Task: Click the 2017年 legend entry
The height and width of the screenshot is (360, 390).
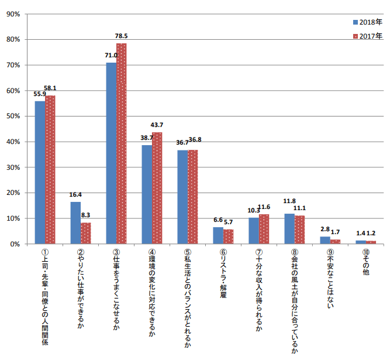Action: (x=368, y=36)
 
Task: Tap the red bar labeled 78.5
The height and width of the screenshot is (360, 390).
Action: (x=122, y=143)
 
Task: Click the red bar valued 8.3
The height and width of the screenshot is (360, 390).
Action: (x=86, y=233)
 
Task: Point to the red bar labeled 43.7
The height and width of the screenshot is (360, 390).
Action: (x=157, y=188)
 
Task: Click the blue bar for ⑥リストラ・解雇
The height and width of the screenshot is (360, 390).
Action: (x=218, y=235)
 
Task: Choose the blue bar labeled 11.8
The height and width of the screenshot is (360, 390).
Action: (x=289, y=228)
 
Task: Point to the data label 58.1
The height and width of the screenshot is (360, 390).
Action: (x=50, y=88)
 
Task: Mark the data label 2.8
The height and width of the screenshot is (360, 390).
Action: (x=325, y=231)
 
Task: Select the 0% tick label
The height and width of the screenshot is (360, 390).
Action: (x=15, y=244)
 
